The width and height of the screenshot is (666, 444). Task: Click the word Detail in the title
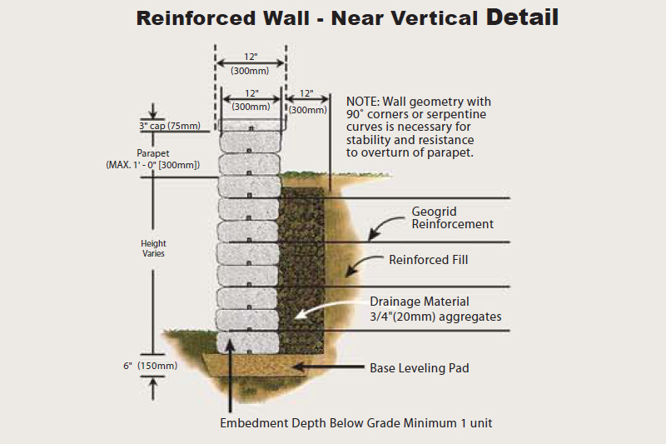(522, 17)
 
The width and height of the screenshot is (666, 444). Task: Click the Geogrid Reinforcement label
(453, 217)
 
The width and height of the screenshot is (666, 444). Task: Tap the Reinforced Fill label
(428, 260)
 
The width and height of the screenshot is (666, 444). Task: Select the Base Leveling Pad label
(420, 367)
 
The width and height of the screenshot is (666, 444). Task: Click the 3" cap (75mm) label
(170, 127)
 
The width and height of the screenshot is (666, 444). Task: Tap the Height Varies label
(153, 248)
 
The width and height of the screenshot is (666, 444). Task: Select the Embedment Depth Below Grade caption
(355, 423)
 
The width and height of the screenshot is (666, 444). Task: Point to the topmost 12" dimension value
(251, 57)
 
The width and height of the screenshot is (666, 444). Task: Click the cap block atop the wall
(251, 126)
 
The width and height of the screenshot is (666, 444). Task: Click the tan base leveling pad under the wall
(250, 363)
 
